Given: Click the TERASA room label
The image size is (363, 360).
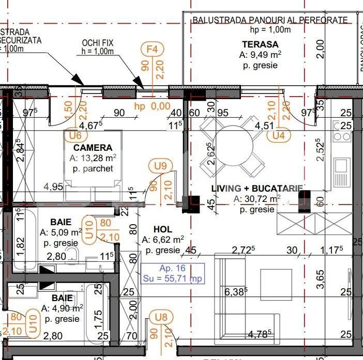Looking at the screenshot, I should pos(260,44).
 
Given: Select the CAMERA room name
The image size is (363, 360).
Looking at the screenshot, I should pos(92,147).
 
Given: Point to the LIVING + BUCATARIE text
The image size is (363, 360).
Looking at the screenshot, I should pos(257,189).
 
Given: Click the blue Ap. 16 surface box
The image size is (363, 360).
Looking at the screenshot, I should pos(173,273).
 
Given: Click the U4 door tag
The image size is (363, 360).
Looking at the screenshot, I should pos(279,135).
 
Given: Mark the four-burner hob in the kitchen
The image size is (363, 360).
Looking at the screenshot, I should pos(342,131).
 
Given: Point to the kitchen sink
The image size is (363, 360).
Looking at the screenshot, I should pos(342,167).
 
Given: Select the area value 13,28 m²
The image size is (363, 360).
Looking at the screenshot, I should pos(93,158).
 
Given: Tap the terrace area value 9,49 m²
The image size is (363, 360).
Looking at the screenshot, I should pos(260,55).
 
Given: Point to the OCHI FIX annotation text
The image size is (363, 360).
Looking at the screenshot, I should pos(98,43).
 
